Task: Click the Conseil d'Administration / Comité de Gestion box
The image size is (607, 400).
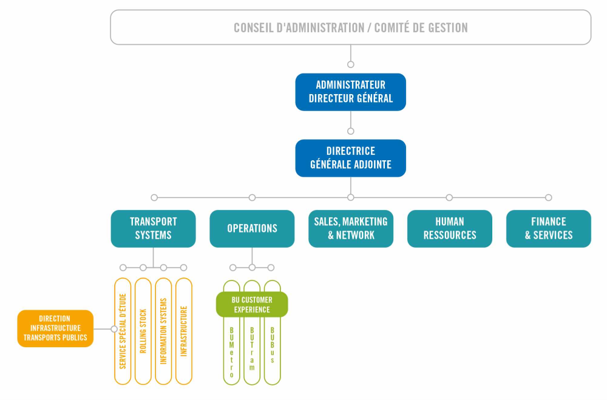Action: click(x=350, y=27)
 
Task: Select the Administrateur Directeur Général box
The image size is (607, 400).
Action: click(x=350, y=92)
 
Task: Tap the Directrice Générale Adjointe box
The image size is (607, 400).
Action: click(x=350, y=158)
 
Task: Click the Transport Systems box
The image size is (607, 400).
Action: click(x=153, y=228)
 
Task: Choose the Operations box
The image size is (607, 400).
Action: click(x=252, y=228)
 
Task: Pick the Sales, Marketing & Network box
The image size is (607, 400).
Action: click(x=350, y=228)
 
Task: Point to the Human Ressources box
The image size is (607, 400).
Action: click(x=449, y=228)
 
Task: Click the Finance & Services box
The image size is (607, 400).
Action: click(x=548, y=228)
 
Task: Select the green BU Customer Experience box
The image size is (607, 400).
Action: click(x=252, y=304)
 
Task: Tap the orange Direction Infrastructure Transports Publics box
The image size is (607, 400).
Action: click(x=55, y=328)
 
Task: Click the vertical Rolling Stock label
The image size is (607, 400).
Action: click(x=143, y=331)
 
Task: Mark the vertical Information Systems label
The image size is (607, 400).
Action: click(x=163, y=331)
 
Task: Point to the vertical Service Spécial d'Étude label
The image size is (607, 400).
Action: click(x=123, y=331)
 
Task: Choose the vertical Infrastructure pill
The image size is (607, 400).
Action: click(x=184, y=331)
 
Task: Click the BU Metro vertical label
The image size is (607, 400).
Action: click(x=231, y=352)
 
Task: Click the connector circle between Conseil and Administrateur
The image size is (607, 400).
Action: click(x=350, y=64)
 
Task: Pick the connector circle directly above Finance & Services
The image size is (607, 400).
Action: click(x=548, y=197)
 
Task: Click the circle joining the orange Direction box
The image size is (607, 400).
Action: click(x=114, y=328)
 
